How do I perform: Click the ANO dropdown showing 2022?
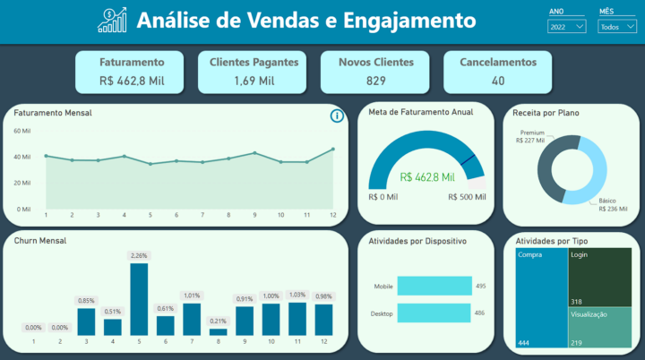point(567,27)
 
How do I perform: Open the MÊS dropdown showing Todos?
point(616,27)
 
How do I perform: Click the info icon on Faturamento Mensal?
point(337,116)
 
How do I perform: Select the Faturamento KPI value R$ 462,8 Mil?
point(132,81)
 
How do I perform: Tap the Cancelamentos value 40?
point(498,81)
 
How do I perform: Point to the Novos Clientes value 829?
point(376,81)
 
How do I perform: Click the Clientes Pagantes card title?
point(254,63)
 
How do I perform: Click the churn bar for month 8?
point(218,332)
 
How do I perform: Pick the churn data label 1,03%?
point(297,295)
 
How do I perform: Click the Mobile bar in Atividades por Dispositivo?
point(433,287)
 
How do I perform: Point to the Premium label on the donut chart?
point(532,133)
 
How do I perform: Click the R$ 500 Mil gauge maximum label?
point(468,196)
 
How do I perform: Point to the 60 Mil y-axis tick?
point(22,131)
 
